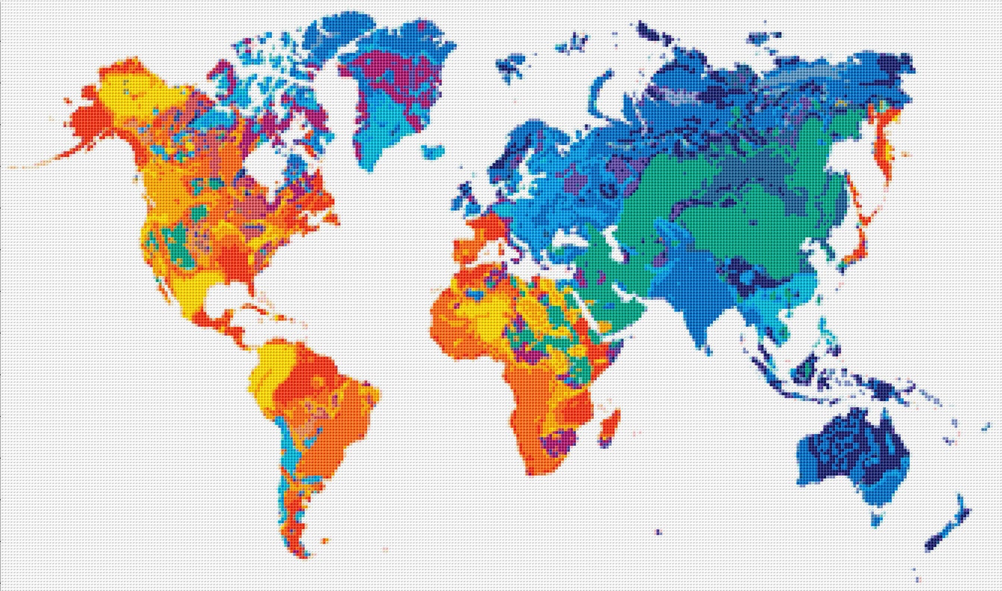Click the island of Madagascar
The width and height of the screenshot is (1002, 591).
tap(610, 425)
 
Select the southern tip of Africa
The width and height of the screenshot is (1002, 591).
tap(533, 470)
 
